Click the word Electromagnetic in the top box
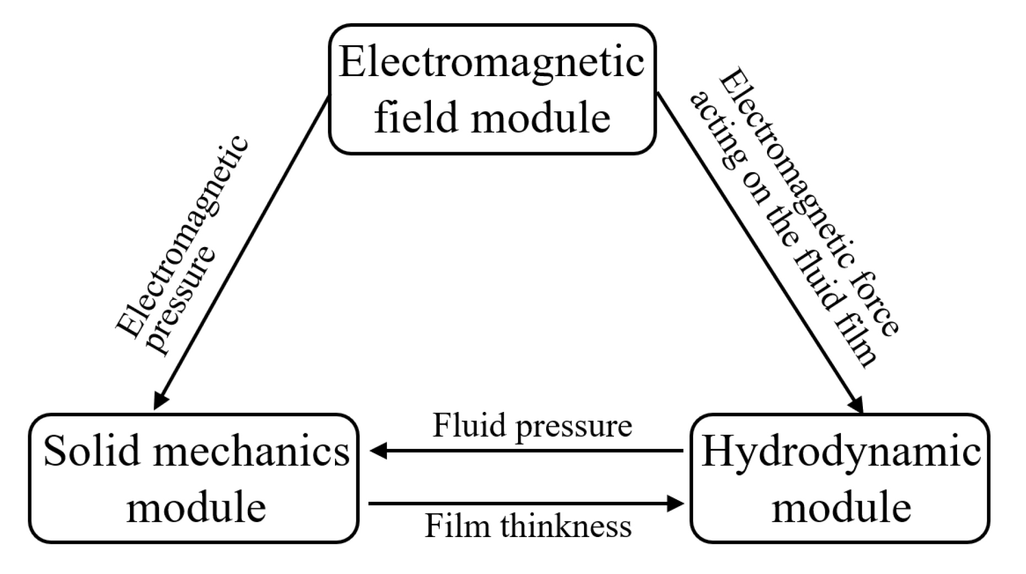tap(491, 62)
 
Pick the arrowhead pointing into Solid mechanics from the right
tap(379, 452)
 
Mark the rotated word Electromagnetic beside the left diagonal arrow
tap(182, 237)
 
